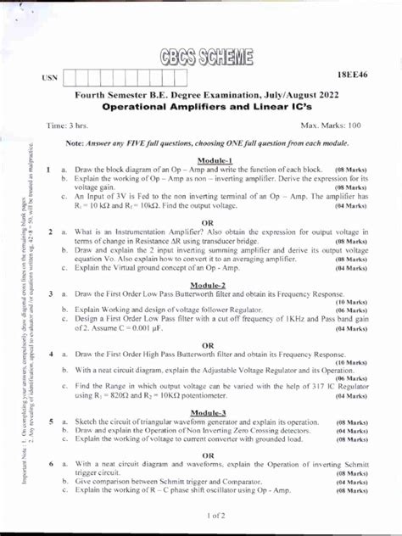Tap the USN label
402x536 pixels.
pyautogui.click(x=50, y=78)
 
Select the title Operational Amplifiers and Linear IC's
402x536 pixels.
pyautogui.click(x=208, y=108)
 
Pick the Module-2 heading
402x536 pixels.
pyautogui.click(x=214, y=285)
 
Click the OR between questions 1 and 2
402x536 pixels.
pyautogui.click(x=214, y=223)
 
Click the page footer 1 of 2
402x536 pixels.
pyautogui.click(x=214, y=515)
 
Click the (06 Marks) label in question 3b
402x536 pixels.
pyautogui.click(x=351, y=310)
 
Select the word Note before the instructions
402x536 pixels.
pyautogui.click(x=75, y=143)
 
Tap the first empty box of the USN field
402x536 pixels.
pyautogui.click(x=71, y=78)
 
